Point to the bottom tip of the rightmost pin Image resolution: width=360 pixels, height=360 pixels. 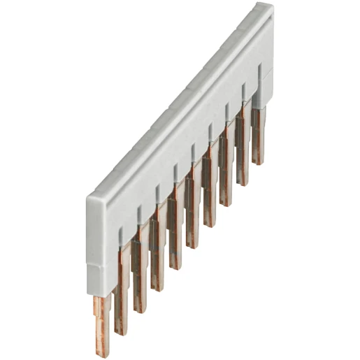[x=259, y=163]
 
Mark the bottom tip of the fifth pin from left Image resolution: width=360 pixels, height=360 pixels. [x=175, y=268]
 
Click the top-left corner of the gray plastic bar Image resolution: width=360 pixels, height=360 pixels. [x=89, y=198]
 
